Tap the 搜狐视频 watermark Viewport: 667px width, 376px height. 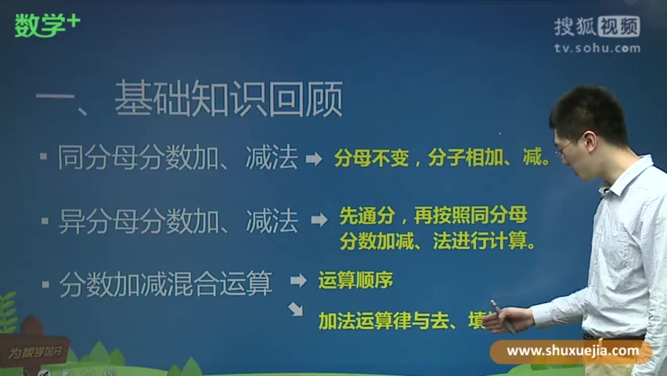pos(597,27)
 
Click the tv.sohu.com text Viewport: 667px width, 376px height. pos(597,48)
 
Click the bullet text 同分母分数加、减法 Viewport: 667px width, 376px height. pos(178,159)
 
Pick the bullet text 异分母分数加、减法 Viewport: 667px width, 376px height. pos(178,222)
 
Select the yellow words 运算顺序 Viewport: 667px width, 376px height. pos(355,280)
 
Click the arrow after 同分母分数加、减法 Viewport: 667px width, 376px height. pos(313,159)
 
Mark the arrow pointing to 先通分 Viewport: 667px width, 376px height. pos(319,220)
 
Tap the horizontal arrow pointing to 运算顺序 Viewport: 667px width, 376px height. pos(298,280)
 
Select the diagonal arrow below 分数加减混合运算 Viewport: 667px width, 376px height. pos(295,309)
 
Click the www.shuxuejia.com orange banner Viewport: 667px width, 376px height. pos(571,351)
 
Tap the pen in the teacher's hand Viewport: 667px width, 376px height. pos(499,314)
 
